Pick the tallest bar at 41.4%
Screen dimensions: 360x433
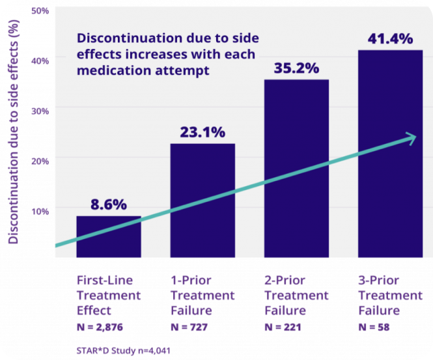click(x=389, y=153)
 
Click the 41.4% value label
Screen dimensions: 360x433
click(x=389, y=39)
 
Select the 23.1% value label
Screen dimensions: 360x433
click(x=203, y=132)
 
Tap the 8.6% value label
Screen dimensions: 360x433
click(x=109, y=204)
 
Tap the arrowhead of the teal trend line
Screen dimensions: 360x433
click(x=410, y=137)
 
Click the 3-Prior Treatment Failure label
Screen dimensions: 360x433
click(x=390, y=296)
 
